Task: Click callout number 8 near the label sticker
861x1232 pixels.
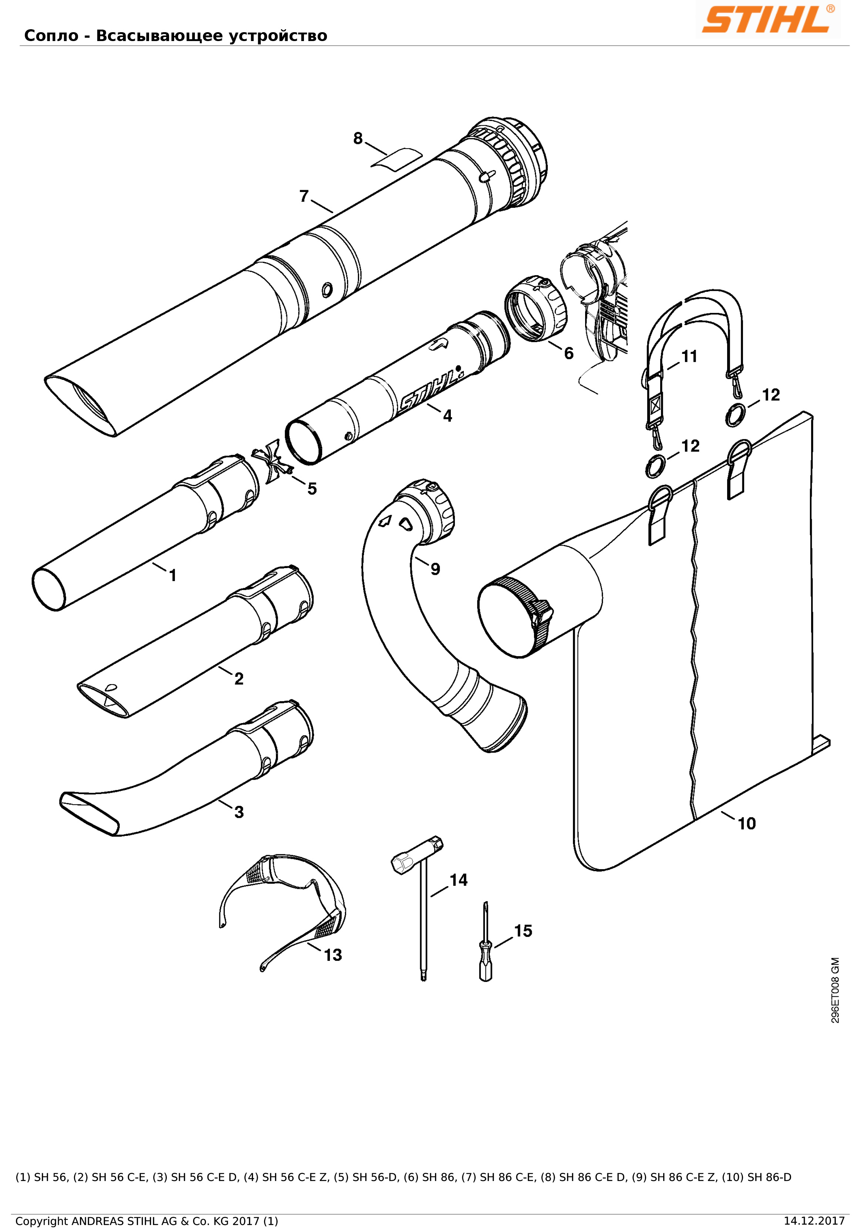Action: (x=358, y=138)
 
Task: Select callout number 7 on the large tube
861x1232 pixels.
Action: (x=304, y=196)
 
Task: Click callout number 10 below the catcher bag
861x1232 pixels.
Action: (x=746, y=823)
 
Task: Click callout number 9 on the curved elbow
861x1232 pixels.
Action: (x=435, y=569)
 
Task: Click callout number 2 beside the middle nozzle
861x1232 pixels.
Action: (x=239, y=679)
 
